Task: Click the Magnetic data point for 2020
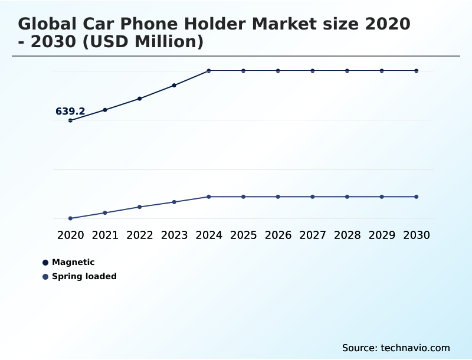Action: [70, 120]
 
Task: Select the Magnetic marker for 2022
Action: [140, 99]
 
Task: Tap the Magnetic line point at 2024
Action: [209, 71]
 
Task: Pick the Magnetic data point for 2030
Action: [417, 71]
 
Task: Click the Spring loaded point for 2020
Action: [70, 218]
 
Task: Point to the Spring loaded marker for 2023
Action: [174, 202]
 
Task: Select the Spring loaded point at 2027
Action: [313, 197]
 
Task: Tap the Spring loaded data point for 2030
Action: [417, 197]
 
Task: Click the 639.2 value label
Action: [70, 111]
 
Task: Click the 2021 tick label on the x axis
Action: [105, 235]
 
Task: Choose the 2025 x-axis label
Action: [243, 235]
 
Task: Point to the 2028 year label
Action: [347, 235]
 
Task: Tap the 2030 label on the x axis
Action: [417, 235]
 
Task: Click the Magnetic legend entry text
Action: [73, 262]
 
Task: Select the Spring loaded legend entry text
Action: [84, 276]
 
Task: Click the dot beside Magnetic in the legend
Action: [45, 263]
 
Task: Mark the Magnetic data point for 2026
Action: [278, 71]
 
